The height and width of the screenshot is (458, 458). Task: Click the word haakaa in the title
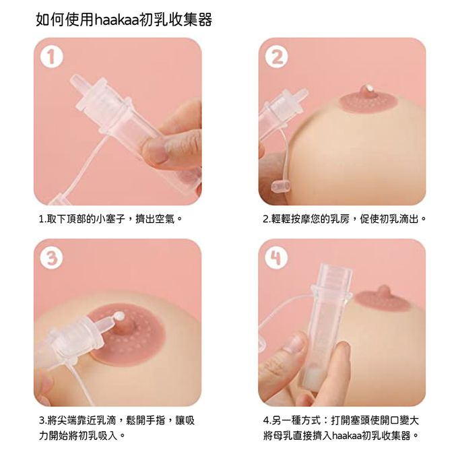point(117,20)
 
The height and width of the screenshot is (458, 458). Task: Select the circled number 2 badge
point(275,58)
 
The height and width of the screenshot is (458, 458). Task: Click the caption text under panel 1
point(110,219)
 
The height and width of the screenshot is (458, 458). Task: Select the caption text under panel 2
point(344,219)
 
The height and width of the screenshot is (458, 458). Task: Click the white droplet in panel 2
point(369,88)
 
